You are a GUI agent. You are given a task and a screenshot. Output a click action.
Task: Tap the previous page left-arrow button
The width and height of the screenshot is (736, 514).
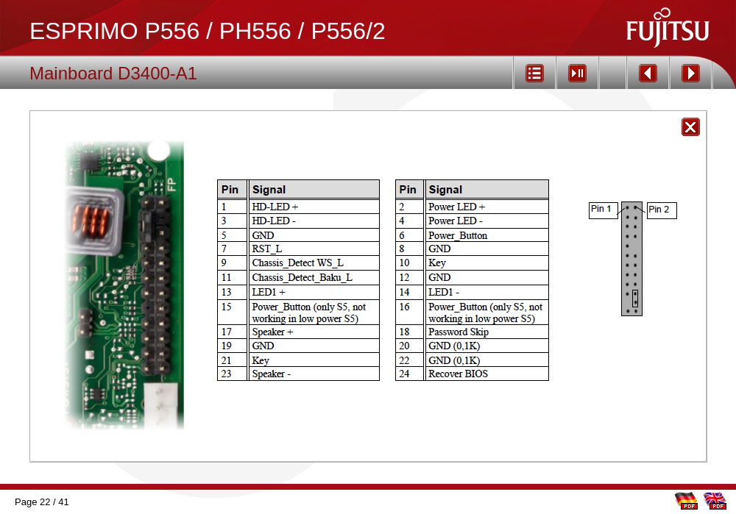(648, 73)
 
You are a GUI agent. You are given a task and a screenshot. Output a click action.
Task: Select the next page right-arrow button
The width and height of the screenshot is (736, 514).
(690, 73)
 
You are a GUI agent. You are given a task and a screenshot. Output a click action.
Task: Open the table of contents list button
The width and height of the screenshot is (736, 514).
(534, 73)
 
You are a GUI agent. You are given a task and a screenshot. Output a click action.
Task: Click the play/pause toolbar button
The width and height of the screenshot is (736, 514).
(577, 73)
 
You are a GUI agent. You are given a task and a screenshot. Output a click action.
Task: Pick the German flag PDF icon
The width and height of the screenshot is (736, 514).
(686, 500)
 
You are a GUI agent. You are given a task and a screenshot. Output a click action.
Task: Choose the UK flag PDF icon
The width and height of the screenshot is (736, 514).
(715, 500)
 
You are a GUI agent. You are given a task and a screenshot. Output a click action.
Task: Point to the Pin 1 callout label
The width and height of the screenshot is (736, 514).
(602, 210)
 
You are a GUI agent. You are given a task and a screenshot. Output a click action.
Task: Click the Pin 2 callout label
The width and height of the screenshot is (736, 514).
(659, 210)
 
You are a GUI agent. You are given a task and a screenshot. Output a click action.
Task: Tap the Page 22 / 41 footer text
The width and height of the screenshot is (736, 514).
(41, 502)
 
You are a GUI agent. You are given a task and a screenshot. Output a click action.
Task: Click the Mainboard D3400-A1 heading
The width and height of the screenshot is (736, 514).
(113, 74)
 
